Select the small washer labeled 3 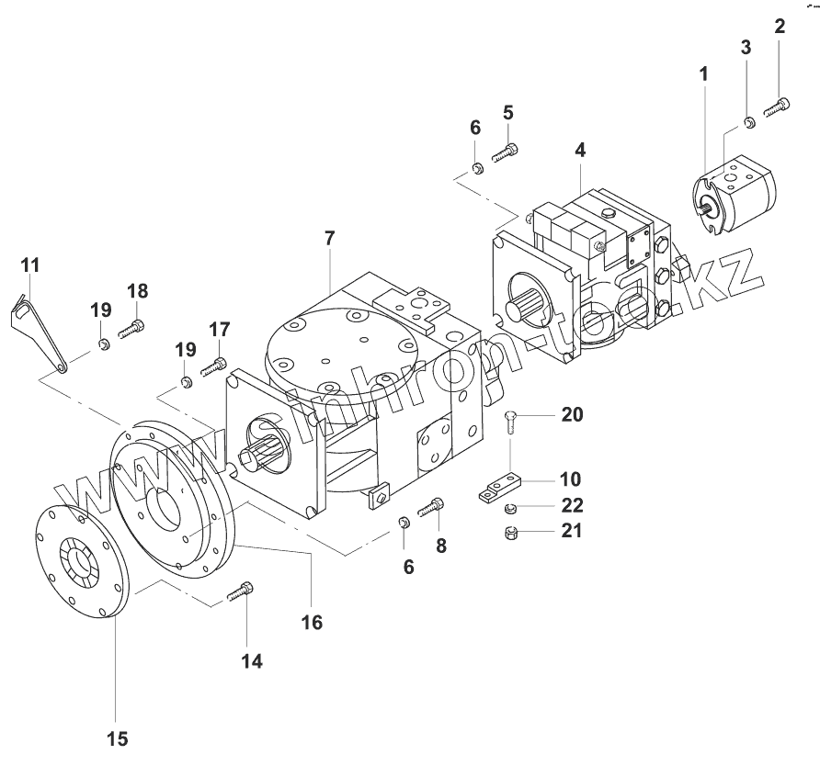(x=749, y=122)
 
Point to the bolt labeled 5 (x=505, y=152)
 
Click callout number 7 (x=329, y=239)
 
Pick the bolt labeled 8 (x=431, y=505)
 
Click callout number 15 (x=117, y=738)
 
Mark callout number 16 (x=312, y=622)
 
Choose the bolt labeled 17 (x=212, y=366)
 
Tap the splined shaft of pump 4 (x=529, y=305)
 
